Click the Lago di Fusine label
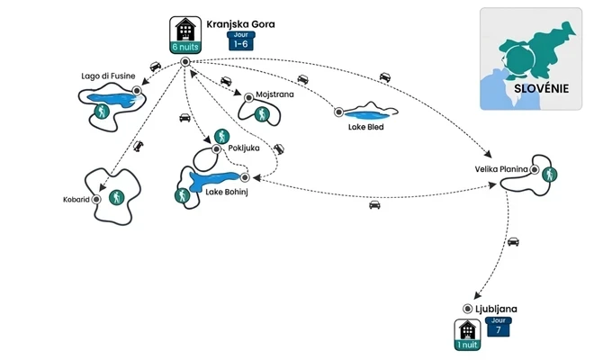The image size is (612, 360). click(107, 76)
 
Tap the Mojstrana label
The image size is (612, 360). click(274, 93)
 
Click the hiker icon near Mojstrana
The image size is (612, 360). click(262, 114)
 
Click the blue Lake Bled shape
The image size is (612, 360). click(370, 113)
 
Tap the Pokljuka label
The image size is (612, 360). click(245, 148)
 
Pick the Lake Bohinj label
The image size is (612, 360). click(226, 190)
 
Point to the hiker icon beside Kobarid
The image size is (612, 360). click(115, 197)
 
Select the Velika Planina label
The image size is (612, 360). click(500, 168)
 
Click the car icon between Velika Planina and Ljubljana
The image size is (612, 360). click(513, 241)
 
